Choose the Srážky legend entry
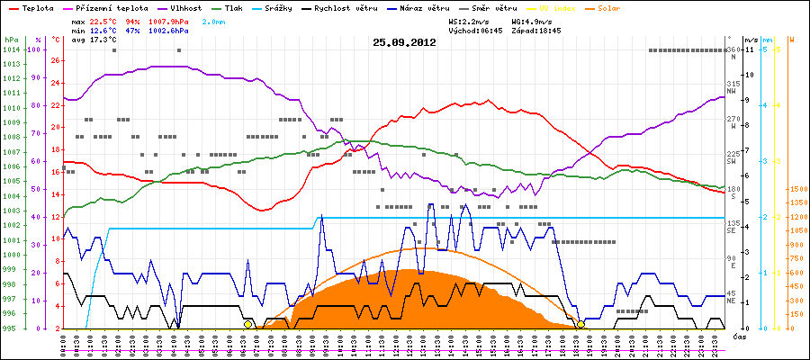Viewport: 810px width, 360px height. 284,7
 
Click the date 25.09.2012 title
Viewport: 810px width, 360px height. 404,41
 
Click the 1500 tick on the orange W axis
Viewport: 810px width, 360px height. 796,190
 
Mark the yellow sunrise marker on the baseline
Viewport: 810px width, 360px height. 247,324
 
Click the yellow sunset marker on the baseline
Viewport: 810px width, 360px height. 581,324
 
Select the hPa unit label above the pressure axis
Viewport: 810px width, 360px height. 11,40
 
